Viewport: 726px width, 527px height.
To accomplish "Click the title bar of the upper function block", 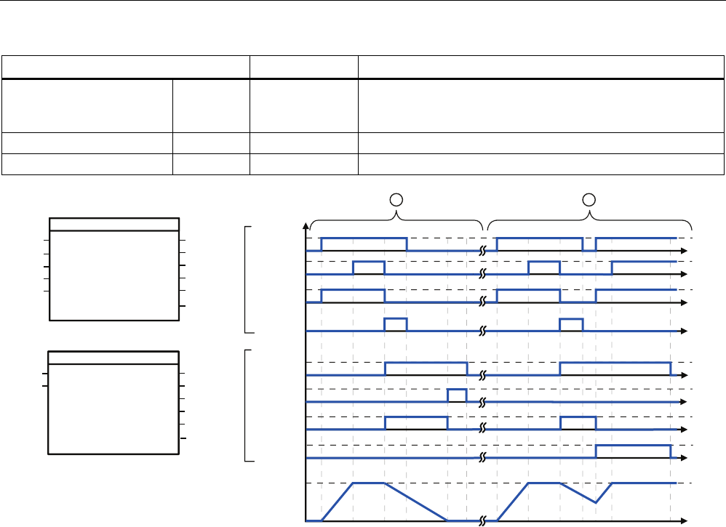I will pos(114,223).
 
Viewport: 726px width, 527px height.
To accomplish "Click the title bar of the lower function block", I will pos(113,356).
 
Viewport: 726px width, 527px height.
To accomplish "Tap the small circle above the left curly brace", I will pos(396,198).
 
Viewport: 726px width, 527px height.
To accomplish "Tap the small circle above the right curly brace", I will pos(590,198).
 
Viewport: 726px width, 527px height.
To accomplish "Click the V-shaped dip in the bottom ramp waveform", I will pos(596,502).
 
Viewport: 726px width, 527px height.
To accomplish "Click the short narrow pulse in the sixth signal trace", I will pos(457,395).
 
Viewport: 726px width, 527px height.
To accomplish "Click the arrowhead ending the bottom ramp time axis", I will pos(685,520).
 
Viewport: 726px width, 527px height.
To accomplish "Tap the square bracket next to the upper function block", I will pos(250,279).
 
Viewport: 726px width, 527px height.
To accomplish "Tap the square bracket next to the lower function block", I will pos(250,406).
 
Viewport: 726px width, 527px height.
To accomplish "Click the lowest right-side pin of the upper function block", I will pos(183,306).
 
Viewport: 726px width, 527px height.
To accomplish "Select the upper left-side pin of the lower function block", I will pos(45,374).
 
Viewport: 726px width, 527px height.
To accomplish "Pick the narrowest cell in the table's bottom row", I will pos(210,165).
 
